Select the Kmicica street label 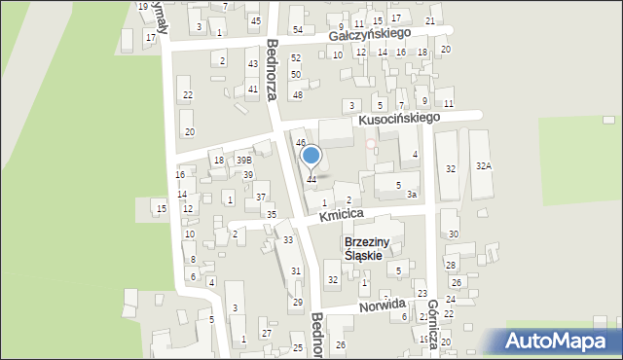(341, 212)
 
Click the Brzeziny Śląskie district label (369, 248)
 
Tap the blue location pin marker (311, 157)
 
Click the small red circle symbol (370, 144)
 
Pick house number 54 (298, 30)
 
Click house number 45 (255, 20)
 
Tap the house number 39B (244, 160)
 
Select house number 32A (484, 167)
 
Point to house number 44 (311, 179)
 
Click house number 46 (301, 143)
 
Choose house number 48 (298, 94)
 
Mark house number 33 (288, 239)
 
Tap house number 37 (261, 198)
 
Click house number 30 (454, 234)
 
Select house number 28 (451, 265)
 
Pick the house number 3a (412, 195)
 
